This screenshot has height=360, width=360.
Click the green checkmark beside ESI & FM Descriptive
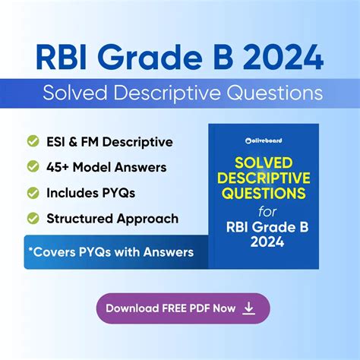click(x=33, y=141)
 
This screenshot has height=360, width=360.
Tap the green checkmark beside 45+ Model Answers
click(x=33, y=167)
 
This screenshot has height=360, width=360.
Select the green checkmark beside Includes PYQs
click(x=33, y=192)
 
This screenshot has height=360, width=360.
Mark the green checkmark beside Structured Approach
click(x=33, y=218)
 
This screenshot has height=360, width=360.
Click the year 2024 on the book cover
click(x=264, y=242)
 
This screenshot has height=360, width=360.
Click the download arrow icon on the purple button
click(x=248, y=308)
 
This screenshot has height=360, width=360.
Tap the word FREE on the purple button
click(x=176, y=308)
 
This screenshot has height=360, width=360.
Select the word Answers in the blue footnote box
click(x=169, y=252)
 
